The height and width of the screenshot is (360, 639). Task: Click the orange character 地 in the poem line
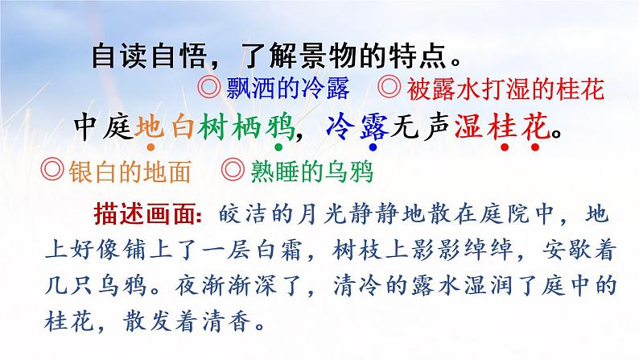coord(150,126)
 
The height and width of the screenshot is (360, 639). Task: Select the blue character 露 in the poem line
coord(373,126)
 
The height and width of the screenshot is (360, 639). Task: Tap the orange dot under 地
coord(150,148)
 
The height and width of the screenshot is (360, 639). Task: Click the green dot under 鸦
coord(278,148)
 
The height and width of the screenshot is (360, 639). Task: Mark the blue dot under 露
coord(373,148)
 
